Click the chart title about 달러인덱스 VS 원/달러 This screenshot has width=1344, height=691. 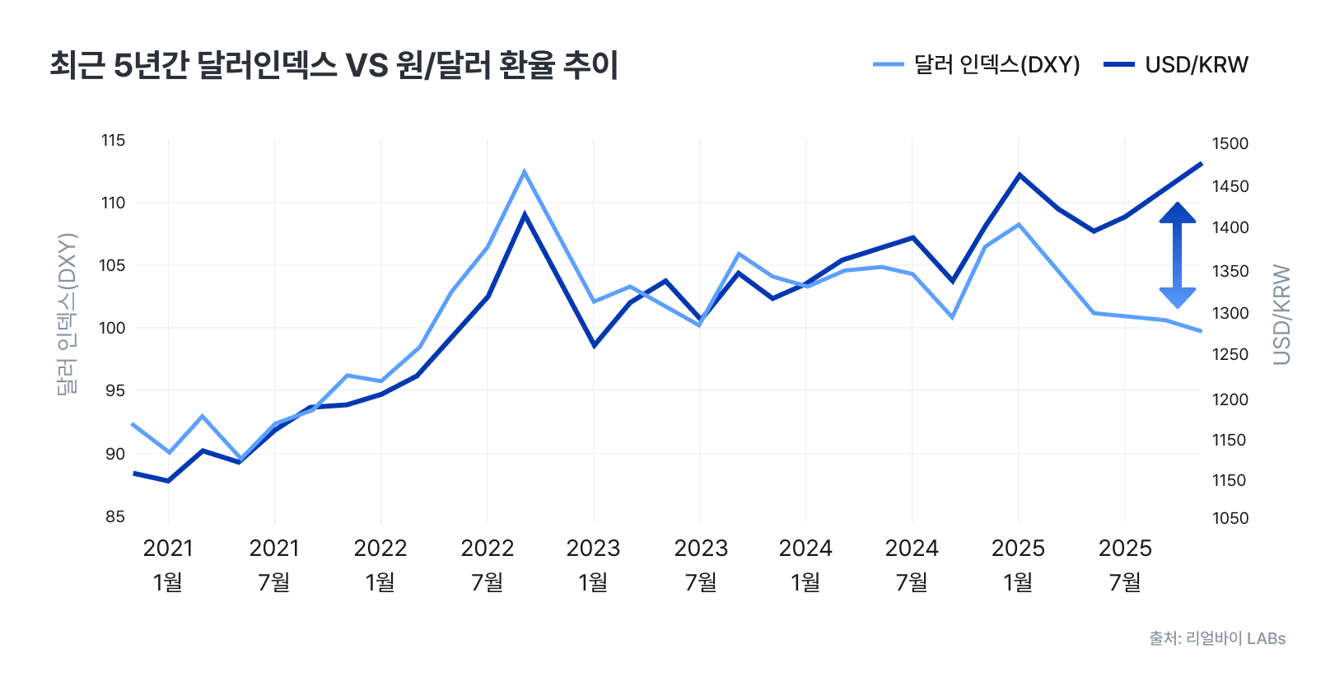[x=334, y=65]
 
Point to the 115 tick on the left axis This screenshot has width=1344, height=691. [x=114, y=141]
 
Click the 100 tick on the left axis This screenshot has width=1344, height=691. [x=114, y=328]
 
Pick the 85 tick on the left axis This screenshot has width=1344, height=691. [x=115, y=516]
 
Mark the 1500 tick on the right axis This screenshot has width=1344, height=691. [x=1230, y=143]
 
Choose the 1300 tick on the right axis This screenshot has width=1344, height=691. [x=1230, y=313]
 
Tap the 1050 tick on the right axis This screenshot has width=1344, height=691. [x=1230, y=518]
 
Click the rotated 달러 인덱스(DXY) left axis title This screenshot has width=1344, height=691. [x=67, y=314]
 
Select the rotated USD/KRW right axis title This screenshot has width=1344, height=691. [x=1281, y=314]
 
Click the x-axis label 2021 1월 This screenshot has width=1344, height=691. [x=168, y=565]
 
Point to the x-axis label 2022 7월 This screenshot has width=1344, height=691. [x=488, y=565]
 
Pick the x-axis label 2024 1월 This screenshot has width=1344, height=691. [x=805, y=565]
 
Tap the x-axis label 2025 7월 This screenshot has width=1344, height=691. [x=1125, y=565]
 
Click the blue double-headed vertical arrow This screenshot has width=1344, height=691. [x=1178, y=255]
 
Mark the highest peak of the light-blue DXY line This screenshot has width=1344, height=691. [x=525, y=171]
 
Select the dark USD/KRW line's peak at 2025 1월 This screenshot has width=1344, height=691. [x=1020, y=175]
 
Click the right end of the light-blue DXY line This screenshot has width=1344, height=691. [x=1201, y=331]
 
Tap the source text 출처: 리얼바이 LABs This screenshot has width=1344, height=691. [x=1217, y=638]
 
